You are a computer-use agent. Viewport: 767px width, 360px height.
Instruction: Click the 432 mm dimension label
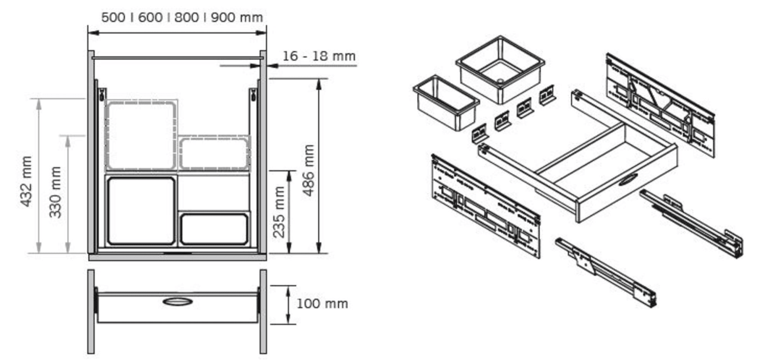pyautogui.click(x=27, y=181)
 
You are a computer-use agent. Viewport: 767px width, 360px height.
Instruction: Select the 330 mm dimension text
pyautogui.click(x=55, y=192)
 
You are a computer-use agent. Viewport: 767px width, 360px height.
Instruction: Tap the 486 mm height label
pyautogui.click(x=308, y=171)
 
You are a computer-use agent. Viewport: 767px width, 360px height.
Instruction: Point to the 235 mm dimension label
pyautogui.click(x=279, y=212)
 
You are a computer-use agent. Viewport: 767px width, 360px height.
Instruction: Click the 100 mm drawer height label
pyautogui.click(x=322, y=304)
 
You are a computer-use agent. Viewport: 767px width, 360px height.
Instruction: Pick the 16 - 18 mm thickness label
pyautogui.click(x=319, y=56)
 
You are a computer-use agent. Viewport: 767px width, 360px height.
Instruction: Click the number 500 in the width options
pyautogui.click(x=113, y=18)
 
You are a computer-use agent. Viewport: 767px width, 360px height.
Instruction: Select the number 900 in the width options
pyautogui.click(x=222, y=18)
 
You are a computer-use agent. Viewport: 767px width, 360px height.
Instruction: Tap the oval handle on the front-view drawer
pyautogui.click(x=178, y=301)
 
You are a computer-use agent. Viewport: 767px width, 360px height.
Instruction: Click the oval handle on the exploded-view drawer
pyautogui.click(x=628, y=179)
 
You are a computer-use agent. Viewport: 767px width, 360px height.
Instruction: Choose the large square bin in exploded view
pyautogui.click(x=500, y=69)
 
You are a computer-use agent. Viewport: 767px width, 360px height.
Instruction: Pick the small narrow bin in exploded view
pyautogui.click(x=446, y=103)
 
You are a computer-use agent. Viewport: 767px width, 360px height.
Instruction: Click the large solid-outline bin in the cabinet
pyautogui.click(x=141, y=211)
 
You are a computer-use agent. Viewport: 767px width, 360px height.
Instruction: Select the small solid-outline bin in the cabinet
pyautogui.click(x=214, y=229)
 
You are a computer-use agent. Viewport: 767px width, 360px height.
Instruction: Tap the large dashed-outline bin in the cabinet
pyautogui.click(x=141, y=135)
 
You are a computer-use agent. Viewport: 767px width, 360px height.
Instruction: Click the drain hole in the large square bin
pyautogui.click(x=500, y=81)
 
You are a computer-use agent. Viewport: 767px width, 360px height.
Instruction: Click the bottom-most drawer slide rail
pyautogui.click(x=606, y=273)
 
